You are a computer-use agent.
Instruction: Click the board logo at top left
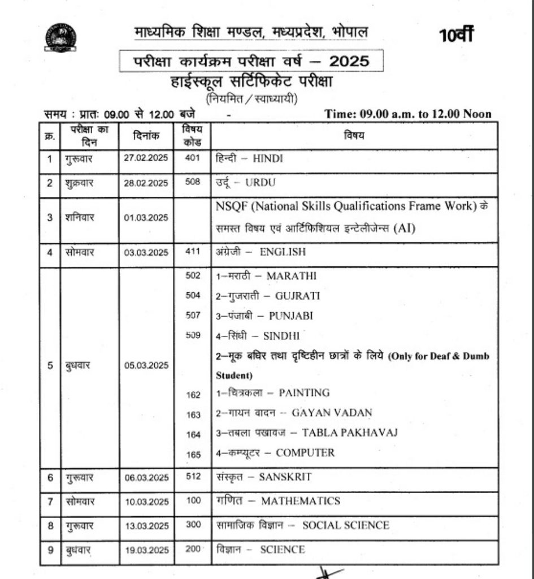(x=60, y=38)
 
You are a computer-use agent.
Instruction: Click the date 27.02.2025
(x=146, y=158)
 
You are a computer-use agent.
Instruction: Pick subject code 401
(x=193, y=158)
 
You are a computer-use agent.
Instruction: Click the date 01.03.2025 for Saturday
(x=146, y=218)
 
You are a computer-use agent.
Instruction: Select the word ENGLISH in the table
(x=283, y=252)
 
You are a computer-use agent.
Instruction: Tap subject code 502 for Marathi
(x=193, y=275)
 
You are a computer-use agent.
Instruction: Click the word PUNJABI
(x=290, y=316)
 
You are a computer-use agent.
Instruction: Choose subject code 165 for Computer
(x=193, y=453)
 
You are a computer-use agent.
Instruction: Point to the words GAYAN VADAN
(x=332, y=413)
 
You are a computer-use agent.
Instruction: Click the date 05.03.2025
(x=146, y=365)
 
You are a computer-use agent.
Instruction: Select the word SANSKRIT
(x=285, y=477)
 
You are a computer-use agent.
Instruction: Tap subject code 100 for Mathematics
(x=193, y=501)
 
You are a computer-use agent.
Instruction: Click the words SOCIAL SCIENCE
(x=345, y=525)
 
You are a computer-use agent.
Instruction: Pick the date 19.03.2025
(x=146, y=550)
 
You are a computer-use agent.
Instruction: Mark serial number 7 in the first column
(x=50, y=502)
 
